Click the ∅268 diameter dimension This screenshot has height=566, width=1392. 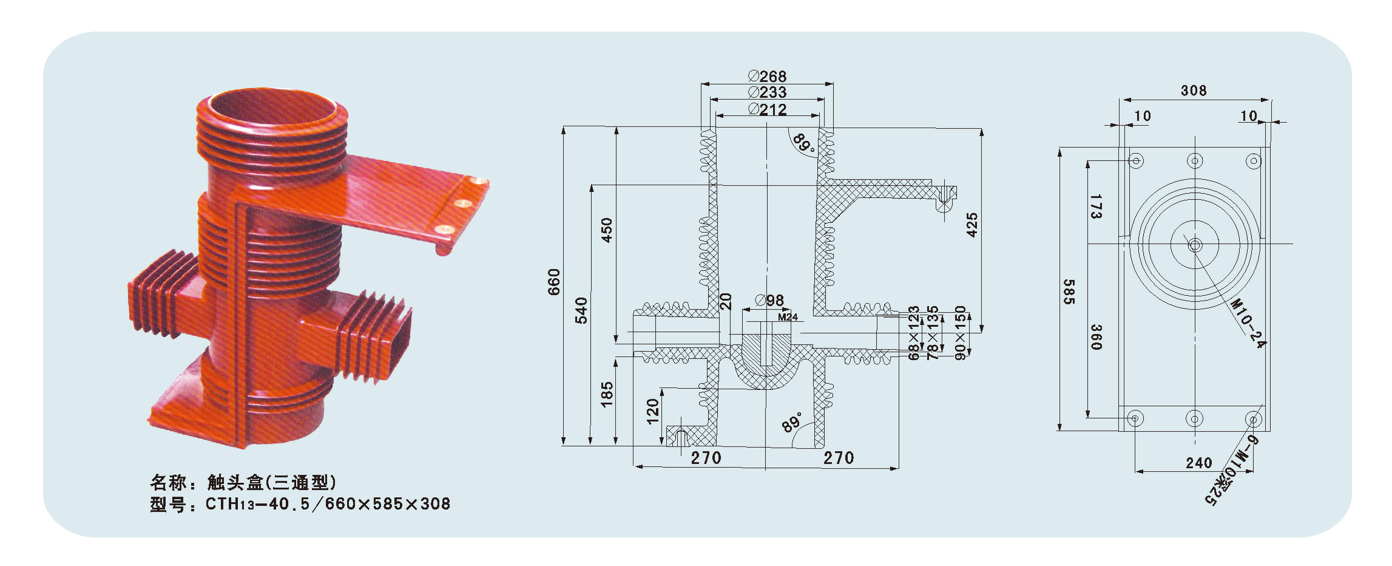tap(768, 77)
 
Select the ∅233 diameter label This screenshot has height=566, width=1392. tap(768, 92)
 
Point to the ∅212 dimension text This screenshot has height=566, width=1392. tap(768, 109)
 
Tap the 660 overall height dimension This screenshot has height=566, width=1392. tap(554, 282)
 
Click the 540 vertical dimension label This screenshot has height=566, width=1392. tap(581, 310)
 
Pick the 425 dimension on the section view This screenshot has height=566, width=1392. tap(972, 225)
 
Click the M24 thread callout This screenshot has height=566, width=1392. tap(788, 317)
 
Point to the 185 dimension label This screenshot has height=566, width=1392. tap(607, 394)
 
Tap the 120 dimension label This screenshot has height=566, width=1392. tap(653, 411)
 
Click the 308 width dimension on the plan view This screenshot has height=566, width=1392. tap(1194, 91)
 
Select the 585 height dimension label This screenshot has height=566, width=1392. tap(1069, 292)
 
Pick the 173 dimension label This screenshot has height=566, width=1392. tap(1096, 206)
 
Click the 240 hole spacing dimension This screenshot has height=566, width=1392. tap(1199, 463)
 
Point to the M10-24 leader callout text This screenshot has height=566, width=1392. tap(1248, 323)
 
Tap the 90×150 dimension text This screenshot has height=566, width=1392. tap(960, 333)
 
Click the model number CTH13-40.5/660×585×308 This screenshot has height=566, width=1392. tap(328, 504)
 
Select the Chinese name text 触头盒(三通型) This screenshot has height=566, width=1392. tap(272, 483)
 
